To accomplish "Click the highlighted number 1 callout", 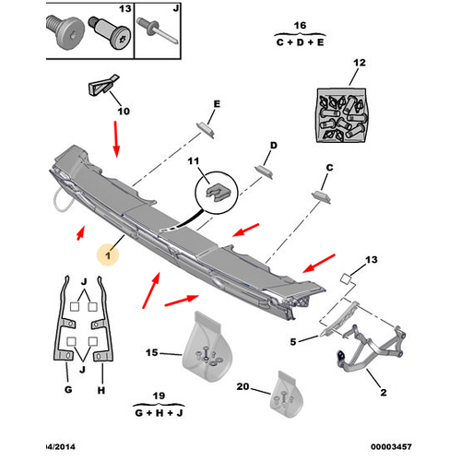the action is (x=108, y=255).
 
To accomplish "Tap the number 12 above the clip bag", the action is (x=360, y=63).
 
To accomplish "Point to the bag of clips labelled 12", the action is (x=341, y=115).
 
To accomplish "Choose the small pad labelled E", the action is (x=205, y=129).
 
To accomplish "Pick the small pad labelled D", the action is (x=264, y=171).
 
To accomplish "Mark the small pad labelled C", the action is (x=321, y=197).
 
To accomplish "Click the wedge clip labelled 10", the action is (x=103, y=85).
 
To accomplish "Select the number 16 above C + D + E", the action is (x=300, y=25).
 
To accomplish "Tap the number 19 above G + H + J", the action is (x=159, y=396).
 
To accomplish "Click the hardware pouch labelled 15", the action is (x=207, y=348).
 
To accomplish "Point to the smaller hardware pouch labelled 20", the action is (x=287, y=395).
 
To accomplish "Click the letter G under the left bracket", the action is (x=68, y=390).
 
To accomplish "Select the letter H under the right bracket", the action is (x=101, y=390).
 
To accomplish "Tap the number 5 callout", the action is (x=293, y=341).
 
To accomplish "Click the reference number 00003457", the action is (x=391, y=446).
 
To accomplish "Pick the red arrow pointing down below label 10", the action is (x=116, y=139).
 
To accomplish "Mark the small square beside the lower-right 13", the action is (x=346, y=278).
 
